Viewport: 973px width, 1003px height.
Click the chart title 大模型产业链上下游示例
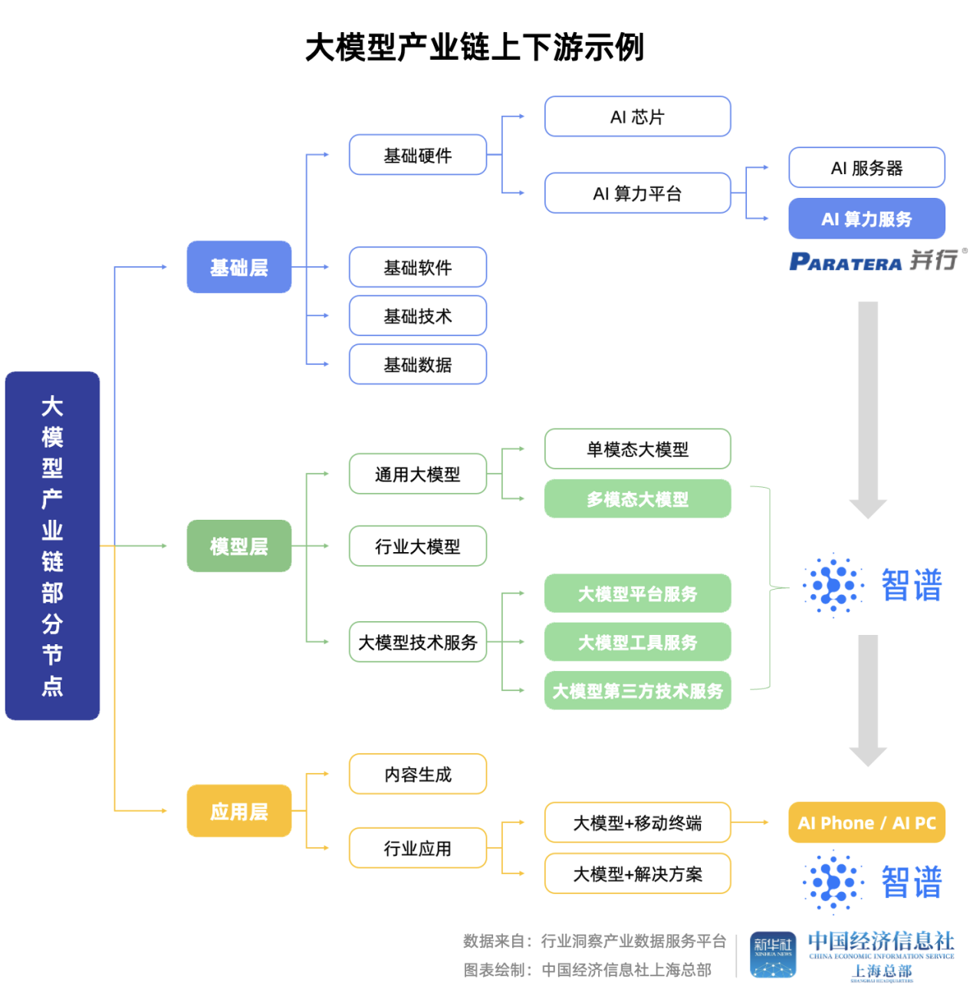click(x=475, y=48)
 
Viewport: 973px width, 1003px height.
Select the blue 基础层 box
click(x=239, y=268)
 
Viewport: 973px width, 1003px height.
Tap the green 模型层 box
click(x=239, y=546)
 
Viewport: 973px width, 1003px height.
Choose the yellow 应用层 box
click(x=239, y=811)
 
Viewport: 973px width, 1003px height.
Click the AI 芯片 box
click(x=637, y=117)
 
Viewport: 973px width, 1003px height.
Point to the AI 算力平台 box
click(x=637, y=193)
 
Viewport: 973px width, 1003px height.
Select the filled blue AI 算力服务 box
click(x=866, y=219)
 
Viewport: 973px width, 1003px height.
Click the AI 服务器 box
click(x=866, y=168)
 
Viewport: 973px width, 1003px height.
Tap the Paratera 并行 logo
click(x=876, y=261)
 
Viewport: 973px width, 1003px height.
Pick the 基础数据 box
click(x=418, y=364)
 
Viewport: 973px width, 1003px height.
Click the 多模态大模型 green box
click(x=637, y=499)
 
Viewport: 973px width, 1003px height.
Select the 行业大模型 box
click(x=418, y=546)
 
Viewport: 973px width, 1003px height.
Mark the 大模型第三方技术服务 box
click(x=637, y=691)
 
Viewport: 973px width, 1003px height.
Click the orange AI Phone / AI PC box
click(x=866, y=823)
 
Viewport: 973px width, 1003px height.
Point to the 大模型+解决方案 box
click(x=637, y=873)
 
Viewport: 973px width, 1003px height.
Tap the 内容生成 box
click(x=418, y=774)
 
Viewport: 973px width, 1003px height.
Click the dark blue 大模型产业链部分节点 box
click(x=52, y=546)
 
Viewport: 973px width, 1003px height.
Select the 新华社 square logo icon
click(x=772, y=955)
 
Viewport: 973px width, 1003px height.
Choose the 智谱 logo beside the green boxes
click(x=873, y=585)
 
